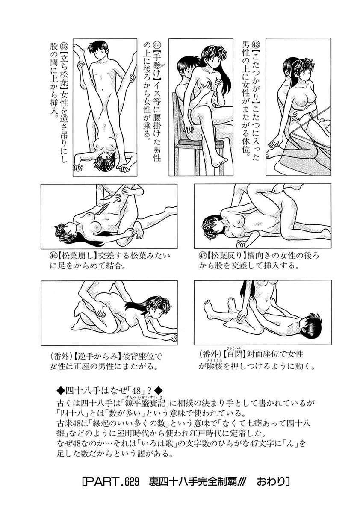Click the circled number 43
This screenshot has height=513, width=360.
(x=255, y=44)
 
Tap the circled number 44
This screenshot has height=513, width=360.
(x=157, y=44)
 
